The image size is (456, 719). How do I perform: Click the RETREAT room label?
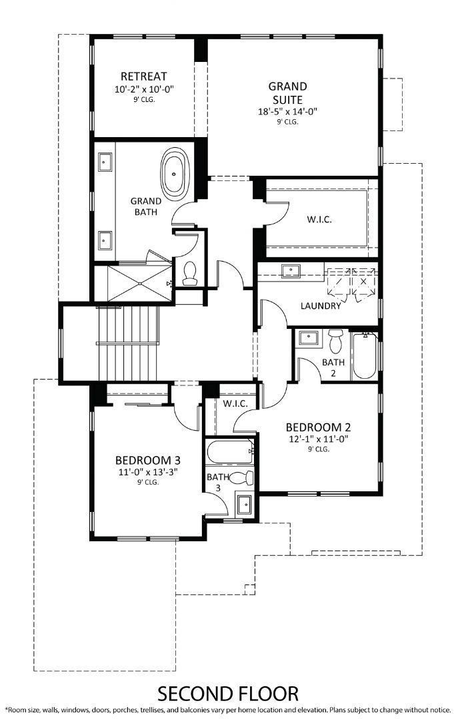(x=143, y=76)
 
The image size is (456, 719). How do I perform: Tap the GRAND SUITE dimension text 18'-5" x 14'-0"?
(x=287, y=111)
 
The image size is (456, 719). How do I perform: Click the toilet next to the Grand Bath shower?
(x=189, y=274)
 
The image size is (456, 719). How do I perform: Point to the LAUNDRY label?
(x=321, y=306)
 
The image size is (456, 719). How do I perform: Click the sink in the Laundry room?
(x=290, y=270)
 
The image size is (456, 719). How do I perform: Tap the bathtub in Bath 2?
(x=365, y=356)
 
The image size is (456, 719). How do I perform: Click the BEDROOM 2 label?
(x=318, y=427)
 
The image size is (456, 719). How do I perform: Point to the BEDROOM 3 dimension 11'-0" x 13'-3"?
(x=148, y=472)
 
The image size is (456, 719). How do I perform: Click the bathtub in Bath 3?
(x=230, y=451)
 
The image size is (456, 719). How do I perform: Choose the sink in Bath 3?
(x=243, y=505)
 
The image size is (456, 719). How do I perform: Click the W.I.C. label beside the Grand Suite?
(x=319, y=219)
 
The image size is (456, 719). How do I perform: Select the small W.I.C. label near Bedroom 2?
(x=235, y=404)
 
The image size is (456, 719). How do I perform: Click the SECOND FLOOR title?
(x=228, y=694)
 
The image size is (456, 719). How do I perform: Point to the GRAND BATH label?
(x=146, y=206)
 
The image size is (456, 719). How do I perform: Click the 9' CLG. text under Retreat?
(x=144, y=99)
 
